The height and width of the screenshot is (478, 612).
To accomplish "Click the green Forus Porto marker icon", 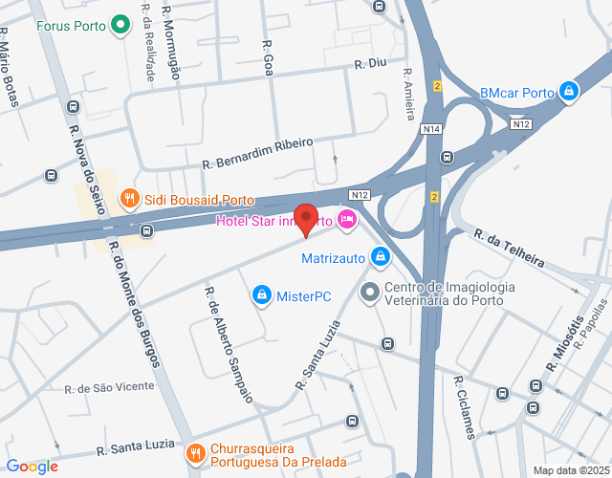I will point(120,25).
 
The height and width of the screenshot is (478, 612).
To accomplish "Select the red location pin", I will point(305,219).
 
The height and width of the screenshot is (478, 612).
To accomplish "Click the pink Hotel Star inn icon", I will point(347,221).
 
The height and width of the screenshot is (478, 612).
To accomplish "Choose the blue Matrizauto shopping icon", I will point(381,257).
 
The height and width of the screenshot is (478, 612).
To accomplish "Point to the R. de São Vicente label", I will point(109,387).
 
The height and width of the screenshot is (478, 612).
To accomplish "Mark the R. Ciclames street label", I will point(464,406).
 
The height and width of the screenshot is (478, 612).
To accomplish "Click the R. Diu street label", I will point(369,63).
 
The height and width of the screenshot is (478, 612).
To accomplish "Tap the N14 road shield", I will point(431,129).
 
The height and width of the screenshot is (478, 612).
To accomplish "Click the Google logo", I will point(32,467).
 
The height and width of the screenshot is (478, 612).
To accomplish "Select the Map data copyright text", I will point(570,469).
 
